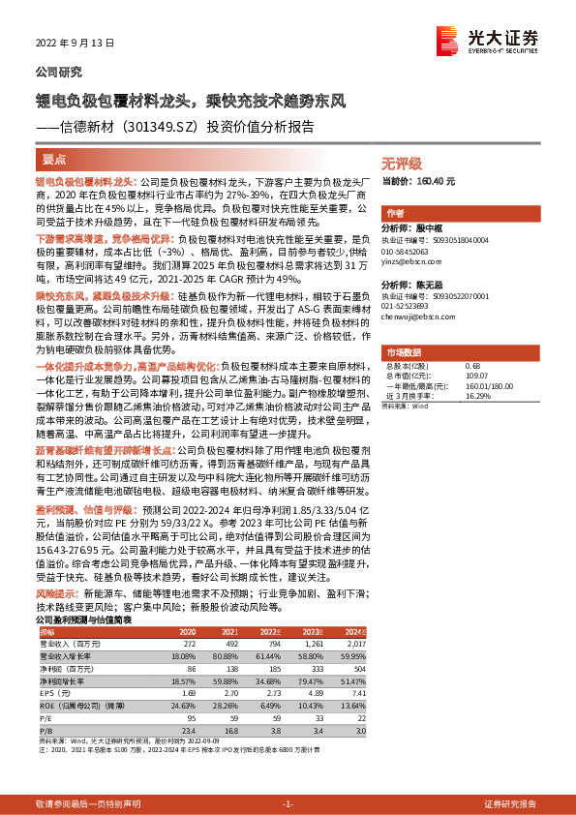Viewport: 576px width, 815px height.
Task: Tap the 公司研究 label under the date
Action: (59, 72)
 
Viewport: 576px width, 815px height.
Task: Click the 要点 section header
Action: (54, 158)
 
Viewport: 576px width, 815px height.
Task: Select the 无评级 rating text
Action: (401, 164)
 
